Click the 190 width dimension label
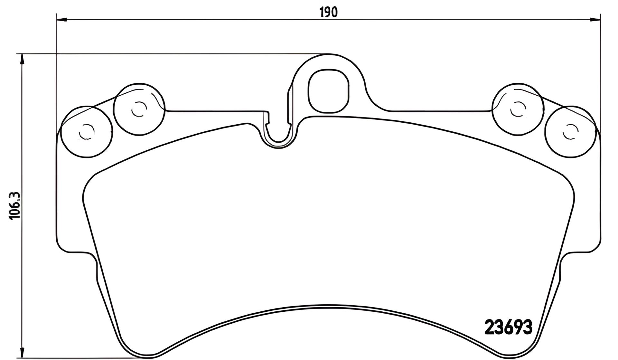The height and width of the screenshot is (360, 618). click(329, 12)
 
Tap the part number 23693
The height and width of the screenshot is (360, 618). click(509, 328)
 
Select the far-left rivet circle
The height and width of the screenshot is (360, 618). click(86, 132)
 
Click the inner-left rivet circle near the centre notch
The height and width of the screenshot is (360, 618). click(139, 109)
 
